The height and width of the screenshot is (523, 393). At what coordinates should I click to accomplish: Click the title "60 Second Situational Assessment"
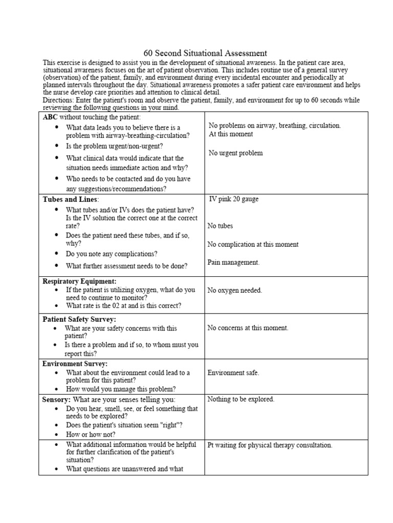205,53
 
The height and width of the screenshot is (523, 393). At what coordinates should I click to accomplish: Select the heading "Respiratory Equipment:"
79,281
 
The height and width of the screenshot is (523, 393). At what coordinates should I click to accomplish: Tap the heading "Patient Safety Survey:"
79,319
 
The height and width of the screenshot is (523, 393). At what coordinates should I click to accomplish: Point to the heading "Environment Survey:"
75,364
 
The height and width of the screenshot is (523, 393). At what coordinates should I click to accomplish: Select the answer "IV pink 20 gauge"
234,199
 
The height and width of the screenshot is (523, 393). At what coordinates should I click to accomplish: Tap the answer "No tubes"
220,226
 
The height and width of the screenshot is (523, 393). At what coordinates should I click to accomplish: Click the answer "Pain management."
233,263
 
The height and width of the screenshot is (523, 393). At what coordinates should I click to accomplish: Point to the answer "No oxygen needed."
234,290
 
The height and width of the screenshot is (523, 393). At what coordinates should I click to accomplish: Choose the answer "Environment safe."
233,373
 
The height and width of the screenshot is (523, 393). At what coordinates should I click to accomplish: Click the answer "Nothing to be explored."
241,399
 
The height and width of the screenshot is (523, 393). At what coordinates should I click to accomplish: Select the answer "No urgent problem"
236,153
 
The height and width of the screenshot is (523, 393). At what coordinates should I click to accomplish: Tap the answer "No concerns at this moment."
248,328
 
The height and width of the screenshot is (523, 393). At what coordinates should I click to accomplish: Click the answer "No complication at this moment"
253,244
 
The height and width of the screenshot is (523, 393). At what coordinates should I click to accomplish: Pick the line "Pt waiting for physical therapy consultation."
270,445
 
